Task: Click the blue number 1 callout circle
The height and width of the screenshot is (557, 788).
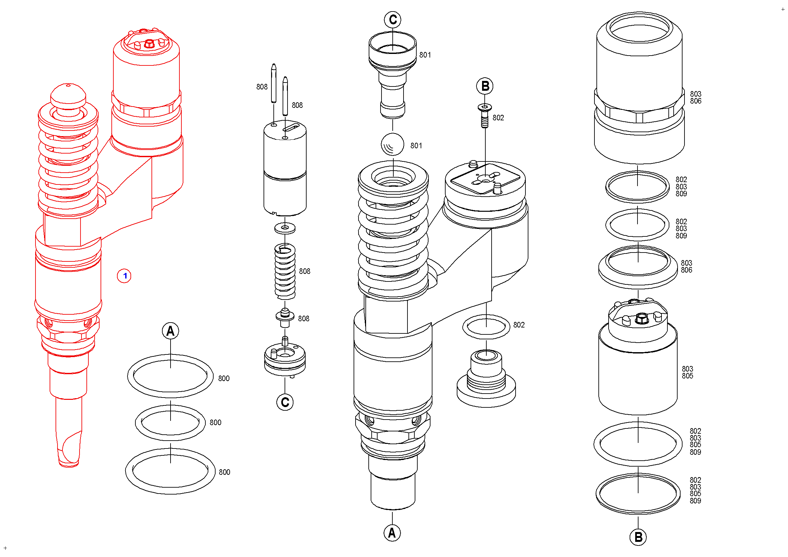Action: (124, 276)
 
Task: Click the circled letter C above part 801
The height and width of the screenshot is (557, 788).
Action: (393, 20)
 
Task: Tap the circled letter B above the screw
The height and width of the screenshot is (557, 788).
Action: (485, 86)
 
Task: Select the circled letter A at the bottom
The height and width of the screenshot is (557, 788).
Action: (392, 533)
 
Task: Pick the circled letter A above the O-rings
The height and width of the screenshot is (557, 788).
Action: (170, 331)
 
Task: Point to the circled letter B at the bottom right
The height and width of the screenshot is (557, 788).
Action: (638, 537)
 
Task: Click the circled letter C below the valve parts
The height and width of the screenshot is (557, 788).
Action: (285, 402)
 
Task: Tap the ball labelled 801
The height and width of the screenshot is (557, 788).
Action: (392, 144)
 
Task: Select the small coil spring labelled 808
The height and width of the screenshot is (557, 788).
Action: (285, 271)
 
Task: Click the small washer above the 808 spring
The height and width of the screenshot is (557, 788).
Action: (285, 228)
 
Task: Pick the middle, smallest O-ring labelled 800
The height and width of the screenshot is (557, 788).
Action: (170, 423)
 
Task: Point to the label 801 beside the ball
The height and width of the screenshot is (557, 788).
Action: (416, 146)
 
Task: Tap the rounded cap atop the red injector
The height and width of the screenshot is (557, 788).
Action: (68, 94)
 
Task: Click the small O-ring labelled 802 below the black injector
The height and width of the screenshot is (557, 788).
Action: (486, 327)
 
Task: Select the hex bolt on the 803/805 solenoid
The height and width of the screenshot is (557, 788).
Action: (641, 318)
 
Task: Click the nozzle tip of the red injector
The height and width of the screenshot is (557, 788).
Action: (69, 453)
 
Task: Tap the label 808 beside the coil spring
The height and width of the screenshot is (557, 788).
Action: (304, 271)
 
